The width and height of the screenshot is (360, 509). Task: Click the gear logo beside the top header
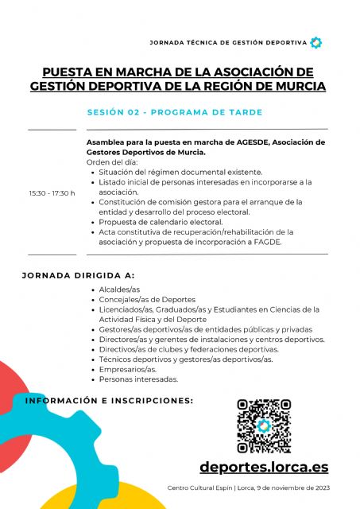[315, 42]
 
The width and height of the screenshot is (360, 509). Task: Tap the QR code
[264, 425]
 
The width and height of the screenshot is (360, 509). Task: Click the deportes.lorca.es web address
[264, 468]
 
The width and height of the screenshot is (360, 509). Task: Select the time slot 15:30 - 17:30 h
[52, 192]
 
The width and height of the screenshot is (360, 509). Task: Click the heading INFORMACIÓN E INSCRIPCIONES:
[110, 400]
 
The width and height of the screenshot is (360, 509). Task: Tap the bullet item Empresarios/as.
[128, 370]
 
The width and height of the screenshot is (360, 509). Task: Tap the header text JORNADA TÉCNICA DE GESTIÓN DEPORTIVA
[227, 42]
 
